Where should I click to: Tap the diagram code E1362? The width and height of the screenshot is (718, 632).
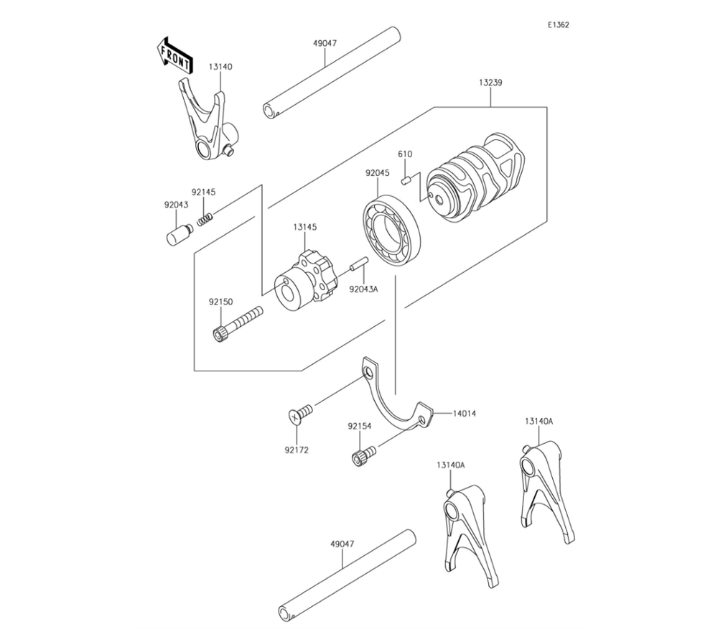pos(558,24)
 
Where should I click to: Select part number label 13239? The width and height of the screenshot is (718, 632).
pos(490,83)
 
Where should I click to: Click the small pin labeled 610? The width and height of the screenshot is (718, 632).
pos(404,182)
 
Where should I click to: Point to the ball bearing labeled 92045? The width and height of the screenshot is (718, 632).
pos(391,231)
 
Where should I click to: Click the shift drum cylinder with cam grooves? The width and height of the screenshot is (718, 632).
pos(476,179)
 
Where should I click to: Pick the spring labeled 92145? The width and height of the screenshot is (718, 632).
pos(205,219)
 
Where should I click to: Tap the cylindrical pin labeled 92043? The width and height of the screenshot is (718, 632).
pos(179,233)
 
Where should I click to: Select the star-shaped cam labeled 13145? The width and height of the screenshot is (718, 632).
pos(305,282)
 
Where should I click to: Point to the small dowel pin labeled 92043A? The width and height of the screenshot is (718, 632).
pos(359,264)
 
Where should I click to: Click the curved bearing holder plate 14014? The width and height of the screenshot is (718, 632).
pos(395,396)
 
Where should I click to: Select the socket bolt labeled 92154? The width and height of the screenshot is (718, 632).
pos(363,455)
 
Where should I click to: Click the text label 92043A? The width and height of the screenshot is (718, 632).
pos(363,289)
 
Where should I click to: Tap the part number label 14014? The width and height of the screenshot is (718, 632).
pos(464,414)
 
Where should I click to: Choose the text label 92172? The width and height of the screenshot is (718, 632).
pos(297,450)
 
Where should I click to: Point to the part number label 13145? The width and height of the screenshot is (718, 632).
pos(305,227)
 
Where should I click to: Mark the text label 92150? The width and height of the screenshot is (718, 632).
pos(220,302)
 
